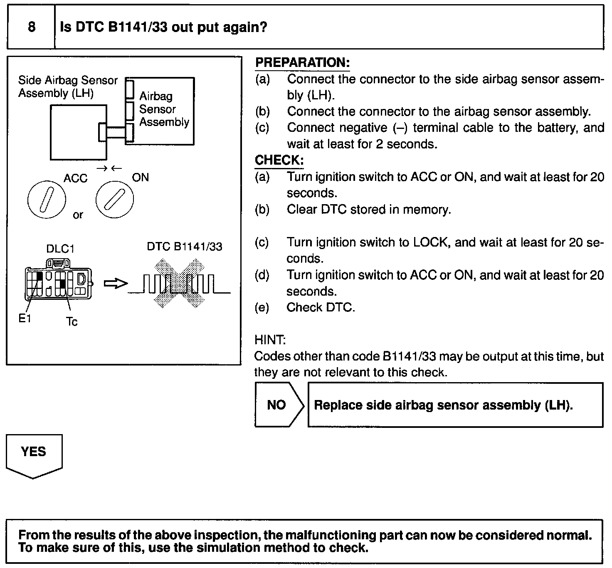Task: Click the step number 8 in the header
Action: pyautogui.click(x=32, y=27)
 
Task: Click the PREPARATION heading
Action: pyautogui.click(x=302, y=63)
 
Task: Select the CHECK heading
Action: pyautogui.click(x=279, y=161)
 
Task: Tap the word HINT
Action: pyautogui.click(x=270, y=340)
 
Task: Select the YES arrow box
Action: pyautogui.click(x=34, y=454)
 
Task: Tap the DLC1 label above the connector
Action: pyautogui.click(x=60, y=249)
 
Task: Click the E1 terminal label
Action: pyautogui.click(x=25, y=319)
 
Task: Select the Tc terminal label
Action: pyautogui.click(x=72, y=322)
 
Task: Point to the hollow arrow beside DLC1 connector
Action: pyautogui.click(x=115, y=284)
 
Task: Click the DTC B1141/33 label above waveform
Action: pyautogui.click(x=185, y=247)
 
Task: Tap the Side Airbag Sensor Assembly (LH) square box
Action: pyautogui.click(x=78, y=132)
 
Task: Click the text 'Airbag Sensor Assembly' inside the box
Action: pyautogui.click(x=164, y=109)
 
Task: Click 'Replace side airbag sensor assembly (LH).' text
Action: pyautogui.click(x=443, y=405)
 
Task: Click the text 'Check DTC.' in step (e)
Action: pyautogui.click(x=321, y=308)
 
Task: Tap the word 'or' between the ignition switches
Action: pyautogui.click(x=78, y=215)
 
